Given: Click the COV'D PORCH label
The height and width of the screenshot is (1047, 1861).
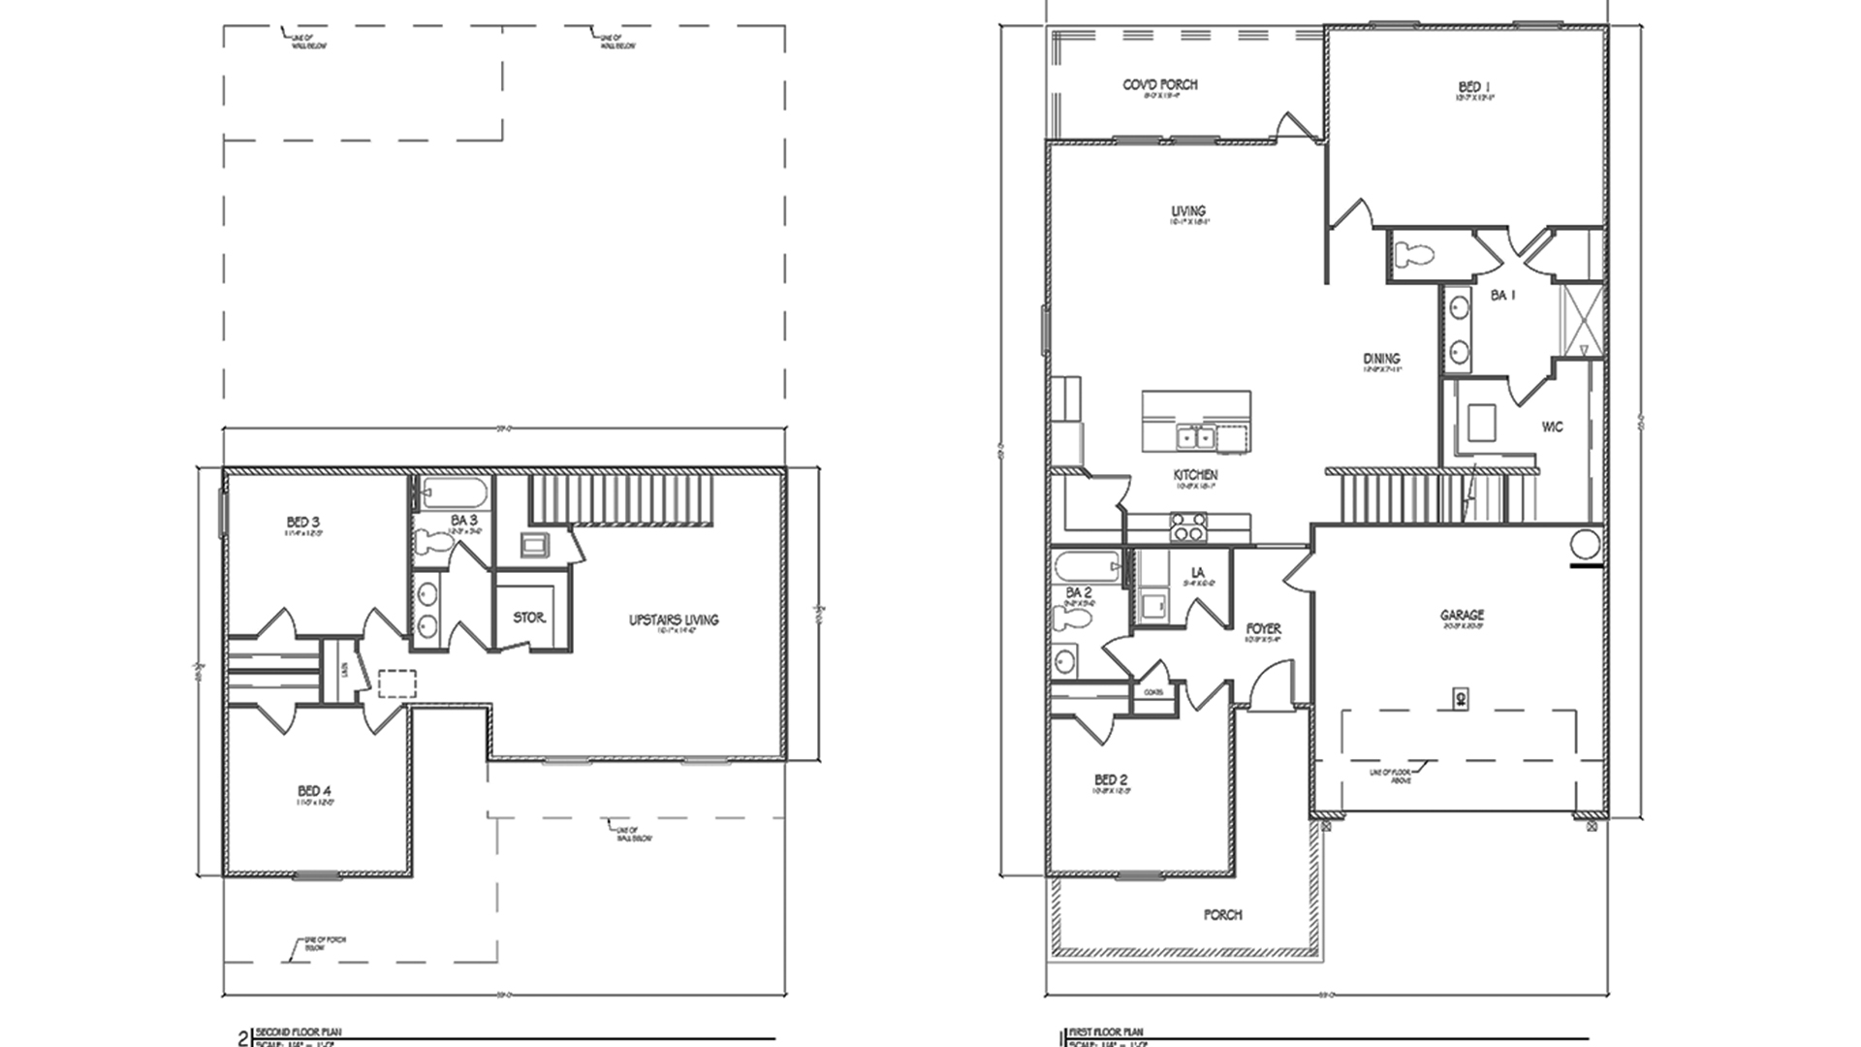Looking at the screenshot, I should point(1160,85).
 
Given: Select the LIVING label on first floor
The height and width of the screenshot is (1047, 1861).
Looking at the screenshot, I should point(1188,210).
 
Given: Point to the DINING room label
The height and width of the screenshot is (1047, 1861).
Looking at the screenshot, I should point(1381,359).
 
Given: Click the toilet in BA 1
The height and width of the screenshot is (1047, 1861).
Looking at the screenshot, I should point(1413,255).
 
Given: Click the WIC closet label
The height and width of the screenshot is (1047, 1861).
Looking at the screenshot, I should point(1552,427).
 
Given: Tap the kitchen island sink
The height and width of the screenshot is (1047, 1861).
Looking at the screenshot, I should point(1195,438).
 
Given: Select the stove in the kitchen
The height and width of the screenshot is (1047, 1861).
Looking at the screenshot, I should point(1190,528).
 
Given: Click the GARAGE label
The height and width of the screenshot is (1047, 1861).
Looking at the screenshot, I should point(1462,615).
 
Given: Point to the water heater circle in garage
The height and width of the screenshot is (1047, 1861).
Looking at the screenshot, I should point(1584,544).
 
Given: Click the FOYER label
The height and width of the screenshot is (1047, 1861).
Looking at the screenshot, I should point(1263,629).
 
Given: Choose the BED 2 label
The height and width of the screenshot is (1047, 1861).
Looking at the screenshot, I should point(1111,779).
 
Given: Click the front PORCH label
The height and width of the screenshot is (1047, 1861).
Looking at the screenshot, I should point(1222,914).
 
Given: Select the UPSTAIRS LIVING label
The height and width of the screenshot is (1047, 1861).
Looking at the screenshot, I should point(674,619).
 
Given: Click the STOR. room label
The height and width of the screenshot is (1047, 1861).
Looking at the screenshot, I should point(529,618).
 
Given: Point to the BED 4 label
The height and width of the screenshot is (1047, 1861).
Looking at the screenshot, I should point(315,792).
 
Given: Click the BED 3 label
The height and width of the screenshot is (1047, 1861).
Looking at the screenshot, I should point(303,523).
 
